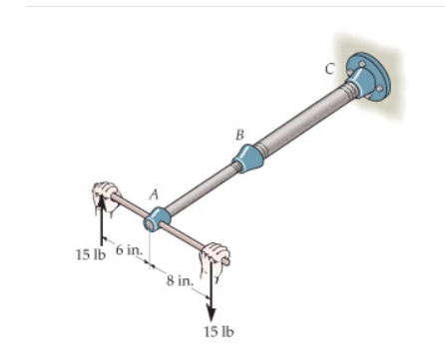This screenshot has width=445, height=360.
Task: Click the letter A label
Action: (154, 196)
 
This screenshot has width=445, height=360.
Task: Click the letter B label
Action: (238, 133)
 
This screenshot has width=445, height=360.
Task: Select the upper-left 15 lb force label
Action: (89, 252)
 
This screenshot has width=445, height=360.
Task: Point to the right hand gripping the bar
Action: (214, 260)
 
